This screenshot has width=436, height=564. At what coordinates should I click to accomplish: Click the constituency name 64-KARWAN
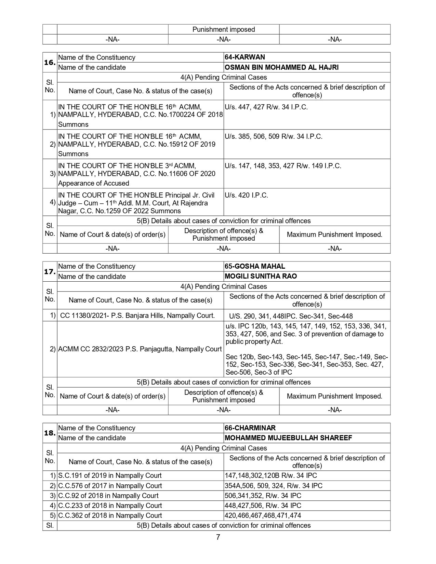click(x=245, y=57)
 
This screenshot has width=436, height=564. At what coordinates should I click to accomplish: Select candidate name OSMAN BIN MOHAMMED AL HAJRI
click(x=281, y=67)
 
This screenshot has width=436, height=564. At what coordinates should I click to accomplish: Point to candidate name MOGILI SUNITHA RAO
click(x=261, y=276)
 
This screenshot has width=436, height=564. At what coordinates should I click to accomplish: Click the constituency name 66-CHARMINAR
click(x=250, y=428)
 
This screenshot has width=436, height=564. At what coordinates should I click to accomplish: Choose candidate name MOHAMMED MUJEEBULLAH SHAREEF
click(x=288, y=438)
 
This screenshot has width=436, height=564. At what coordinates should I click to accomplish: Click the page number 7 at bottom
click(x=218, y=537)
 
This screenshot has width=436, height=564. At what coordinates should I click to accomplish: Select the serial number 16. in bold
click(x=50, y=63)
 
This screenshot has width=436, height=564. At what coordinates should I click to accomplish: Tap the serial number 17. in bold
click(x=50, y=271)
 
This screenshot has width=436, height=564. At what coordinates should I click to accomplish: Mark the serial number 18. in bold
click(x=50, y=433)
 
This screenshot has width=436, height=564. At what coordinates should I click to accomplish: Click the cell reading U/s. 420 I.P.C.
click(x=246, y=196)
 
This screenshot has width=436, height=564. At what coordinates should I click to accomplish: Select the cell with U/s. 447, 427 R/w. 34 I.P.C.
click(x=266, y=107)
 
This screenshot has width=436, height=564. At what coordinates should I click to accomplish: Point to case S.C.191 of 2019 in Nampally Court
click(x=110, y=475)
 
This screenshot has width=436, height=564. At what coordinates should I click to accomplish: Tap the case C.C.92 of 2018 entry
click(x=108, y=496)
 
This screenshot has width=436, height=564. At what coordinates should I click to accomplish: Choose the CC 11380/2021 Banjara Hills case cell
click(x=137, y=315)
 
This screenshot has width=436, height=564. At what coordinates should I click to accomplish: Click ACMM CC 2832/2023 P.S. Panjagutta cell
click(x=140, y=349)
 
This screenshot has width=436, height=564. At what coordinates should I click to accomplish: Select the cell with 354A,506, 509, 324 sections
click(x=273, y=486)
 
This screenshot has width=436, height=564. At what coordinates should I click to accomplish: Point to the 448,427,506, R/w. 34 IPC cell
click(x=263, y=506)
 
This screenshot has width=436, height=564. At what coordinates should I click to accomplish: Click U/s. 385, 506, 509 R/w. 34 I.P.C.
click(x=273, y=136)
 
